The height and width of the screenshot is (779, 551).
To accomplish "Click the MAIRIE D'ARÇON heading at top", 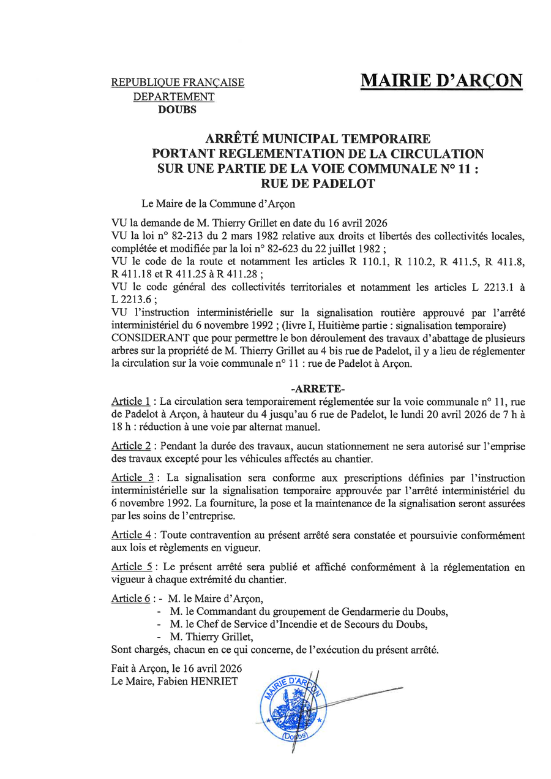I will pyautogui.click(x=441, y=81).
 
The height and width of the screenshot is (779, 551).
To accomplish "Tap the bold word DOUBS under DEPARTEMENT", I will pyautogui.click(x=178, y=110).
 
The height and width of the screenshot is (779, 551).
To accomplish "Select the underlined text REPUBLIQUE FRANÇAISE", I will pyautogui.click(x=178, y=83).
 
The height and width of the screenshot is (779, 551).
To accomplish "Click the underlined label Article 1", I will pyautogui.click(x=130, y=402).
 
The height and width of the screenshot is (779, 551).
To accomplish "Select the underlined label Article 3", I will pyautogui.click(x=132, y=478).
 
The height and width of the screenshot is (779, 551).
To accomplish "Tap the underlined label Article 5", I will pyautogui.click(x=132, y=568).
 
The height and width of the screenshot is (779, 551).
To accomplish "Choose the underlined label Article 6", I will pyautogui.click(x=130, y=598).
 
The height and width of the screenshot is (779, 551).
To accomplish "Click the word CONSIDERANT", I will pyautogui.click(x=144, y=339).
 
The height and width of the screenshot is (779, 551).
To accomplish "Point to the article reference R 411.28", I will pyautogui.click(x=238, y=274).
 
